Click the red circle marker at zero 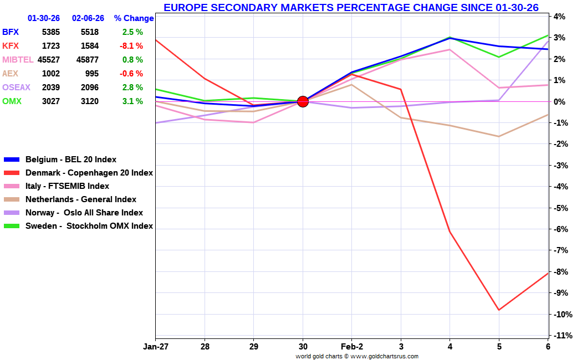[x=303, y=101]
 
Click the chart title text [x=351, y=8]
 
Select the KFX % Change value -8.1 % [x=132, y=46]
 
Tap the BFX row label [x=11, y=32]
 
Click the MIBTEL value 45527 [x=49, y=60]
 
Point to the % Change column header [x=134, y=18]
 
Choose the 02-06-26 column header [x=88, y=18]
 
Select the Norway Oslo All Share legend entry [x=84, y=213]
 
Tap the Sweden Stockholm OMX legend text [x=89, y=226]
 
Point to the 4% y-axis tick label [x=558, y=17]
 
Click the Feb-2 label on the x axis [x=351, y=347]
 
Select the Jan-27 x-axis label [x=155, y=347]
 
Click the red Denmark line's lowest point [x=499, y=310]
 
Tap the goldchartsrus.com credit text [x=357, y=357]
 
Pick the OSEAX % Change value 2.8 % [x=132, y=88]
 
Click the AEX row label [x=11, y=74]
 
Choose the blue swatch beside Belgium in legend [x=12, y=160]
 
